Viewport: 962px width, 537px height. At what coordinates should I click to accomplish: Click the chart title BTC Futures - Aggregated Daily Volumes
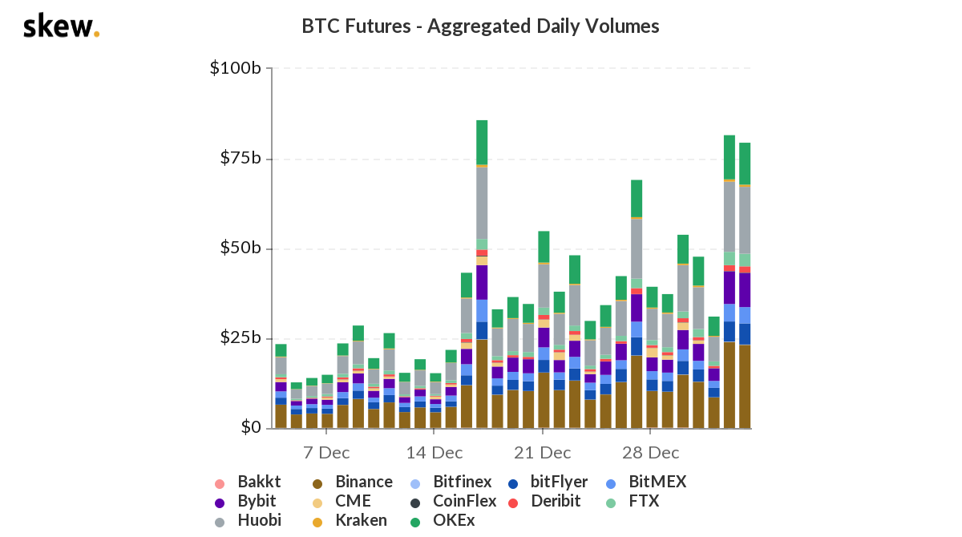480,26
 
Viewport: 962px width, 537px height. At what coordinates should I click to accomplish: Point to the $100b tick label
235,68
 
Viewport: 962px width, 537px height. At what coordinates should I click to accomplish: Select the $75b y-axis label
240,158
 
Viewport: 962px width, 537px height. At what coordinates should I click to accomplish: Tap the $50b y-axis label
240,248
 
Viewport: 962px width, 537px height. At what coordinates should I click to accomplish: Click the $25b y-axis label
240,338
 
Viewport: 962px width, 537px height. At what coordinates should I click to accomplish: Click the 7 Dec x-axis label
326,452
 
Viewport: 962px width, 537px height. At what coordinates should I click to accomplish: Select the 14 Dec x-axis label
434,452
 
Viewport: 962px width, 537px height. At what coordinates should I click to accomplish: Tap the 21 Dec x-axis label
543,452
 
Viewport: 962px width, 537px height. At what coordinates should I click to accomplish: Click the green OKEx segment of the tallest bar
482,142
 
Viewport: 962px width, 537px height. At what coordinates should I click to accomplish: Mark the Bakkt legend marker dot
220,483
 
